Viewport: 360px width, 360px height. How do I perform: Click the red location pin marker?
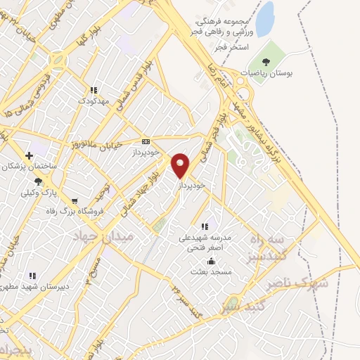point(181,165)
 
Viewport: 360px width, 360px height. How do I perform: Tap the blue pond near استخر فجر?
point(264,20)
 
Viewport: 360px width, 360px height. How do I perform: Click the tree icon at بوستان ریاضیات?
point(265,61)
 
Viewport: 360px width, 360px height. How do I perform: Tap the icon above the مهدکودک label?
point(94,90)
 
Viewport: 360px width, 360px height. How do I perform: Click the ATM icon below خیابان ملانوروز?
point(146,141)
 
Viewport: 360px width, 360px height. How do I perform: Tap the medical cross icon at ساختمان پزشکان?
point(29,155)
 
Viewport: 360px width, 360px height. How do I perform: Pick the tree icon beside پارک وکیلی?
point(39,181)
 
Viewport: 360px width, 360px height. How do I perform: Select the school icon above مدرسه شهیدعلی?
point(205,226)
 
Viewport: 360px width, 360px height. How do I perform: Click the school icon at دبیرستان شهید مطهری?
point(31,276)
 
